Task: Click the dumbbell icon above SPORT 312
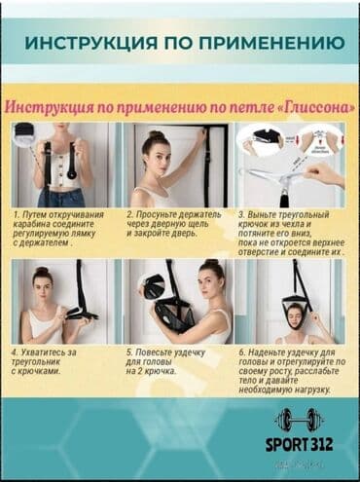298,420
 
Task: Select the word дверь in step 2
196,233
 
